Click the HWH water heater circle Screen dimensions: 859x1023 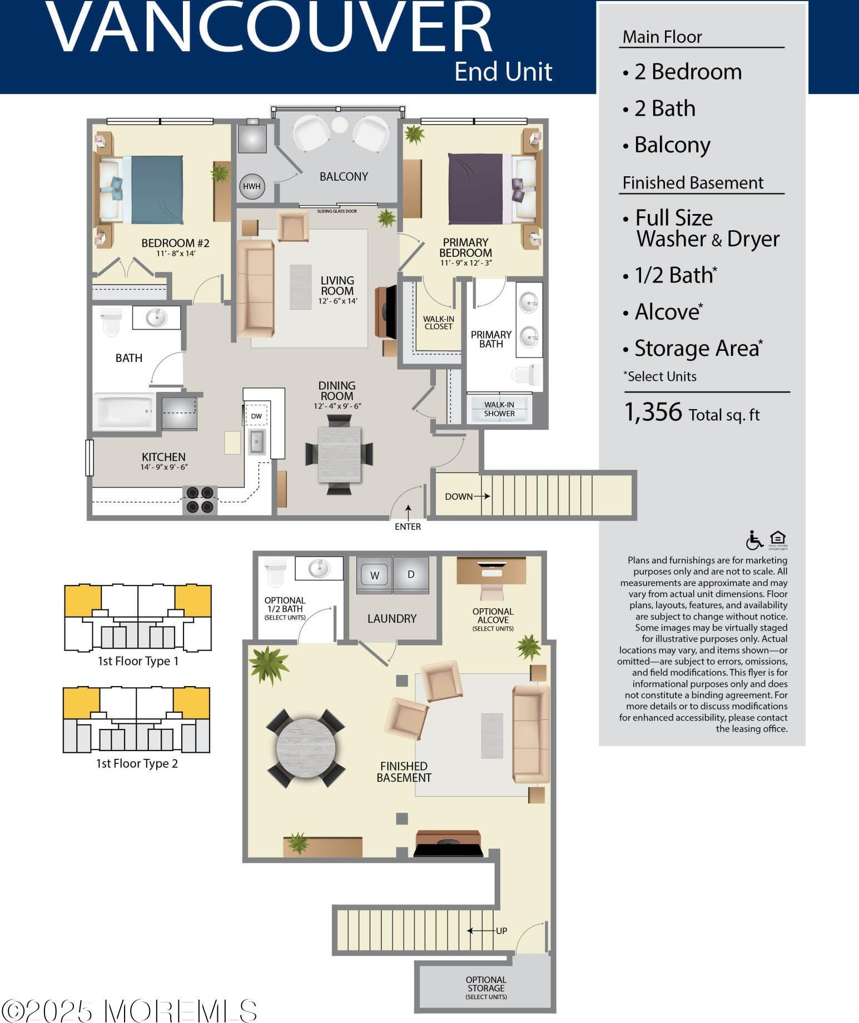[x=251, y=186]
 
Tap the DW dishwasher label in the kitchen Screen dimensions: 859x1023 [x=256, y=416]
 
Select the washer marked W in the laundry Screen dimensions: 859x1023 [x=374, y=575]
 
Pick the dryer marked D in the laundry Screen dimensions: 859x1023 [x=411, y=575]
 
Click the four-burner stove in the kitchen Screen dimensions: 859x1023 [x=200, y=499]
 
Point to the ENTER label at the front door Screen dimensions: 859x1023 [x=408, y=527]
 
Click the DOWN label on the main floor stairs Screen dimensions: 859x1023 [x=459, y=496]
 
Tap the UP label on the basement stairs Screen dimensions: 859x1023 [x=502, y=931]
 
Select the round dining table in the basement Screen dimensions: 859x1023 [x=306, y=748]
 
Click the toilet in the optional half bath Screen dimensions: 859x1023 [x=276, y=572]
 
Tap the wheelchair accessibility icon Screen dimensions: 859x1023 [x=754, y=540]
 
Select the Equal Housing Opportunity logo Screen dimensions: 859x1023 [x=778, y=539]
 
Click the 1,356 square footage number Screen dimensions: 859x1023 [x=653, y=413]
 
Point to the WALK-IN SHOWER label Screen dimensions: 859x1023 [x=499, y=409]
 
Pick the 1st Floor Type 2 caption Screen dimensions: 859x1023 [x=137, y=764]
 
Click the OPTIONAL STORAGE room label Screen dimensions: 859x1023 [x=486, y=987]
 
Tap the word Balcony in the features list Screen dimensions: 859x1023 [x=672, y=145]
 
